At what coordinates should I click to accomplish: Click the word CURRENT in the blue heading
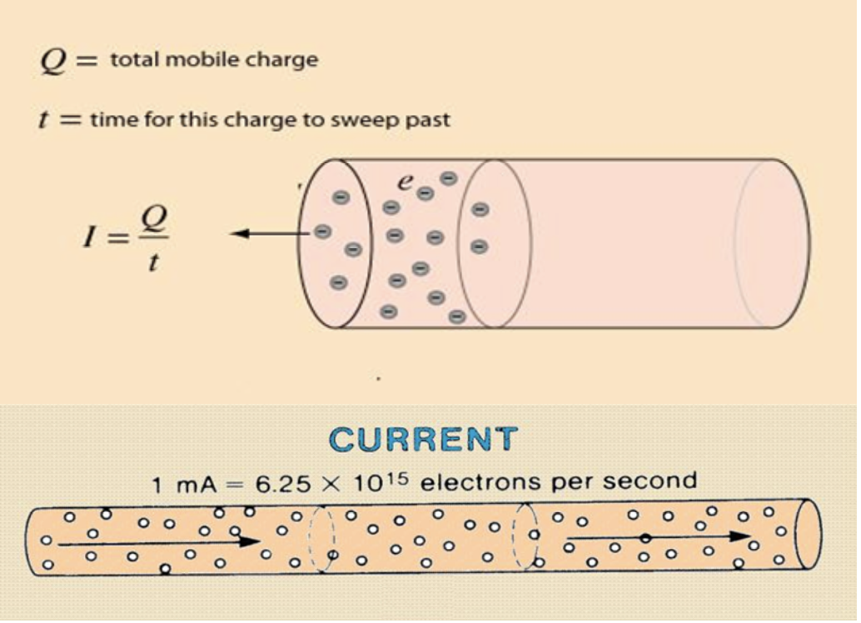(423, 439)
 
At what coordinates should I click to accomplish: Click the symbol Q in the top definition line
(52, 61)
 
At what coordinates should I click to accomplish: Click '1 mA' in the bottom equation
(184, 484)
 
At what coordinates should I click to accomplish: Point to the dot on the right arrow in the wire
(644, 538)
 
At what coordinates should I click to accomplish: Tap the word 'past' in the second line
(430, 119)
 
